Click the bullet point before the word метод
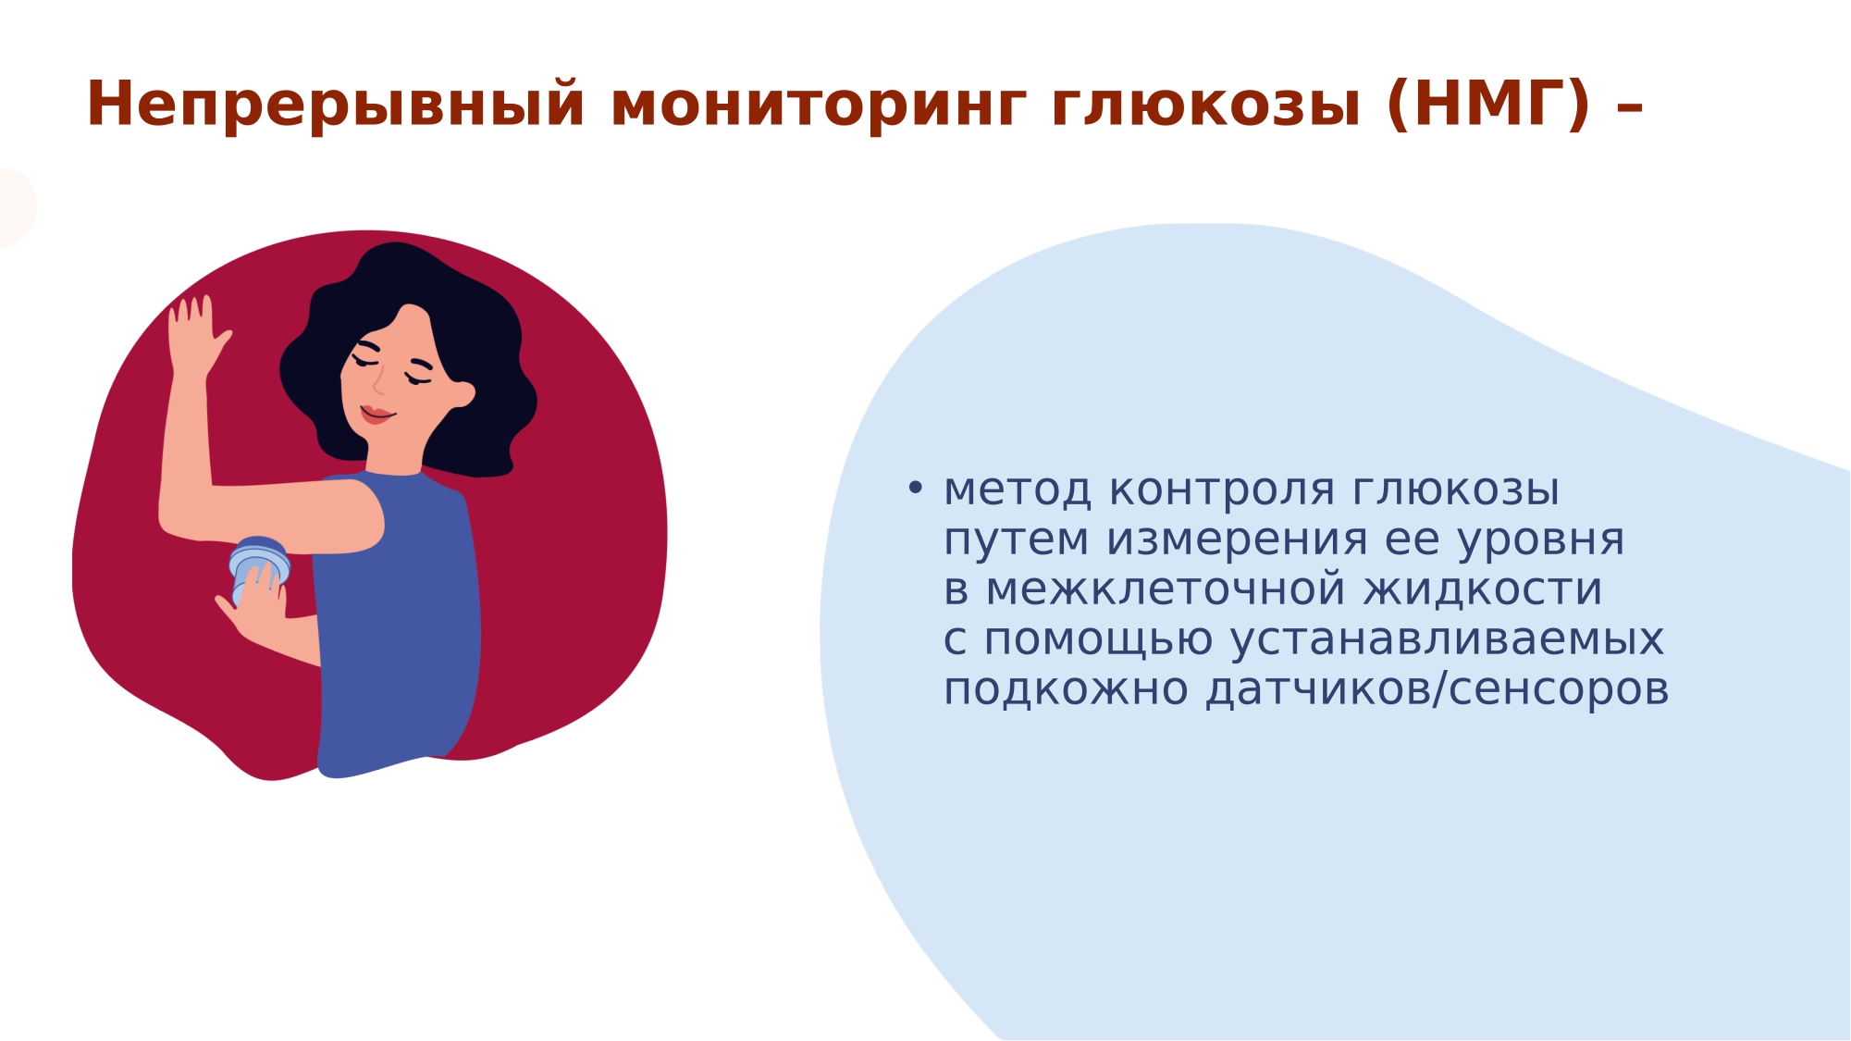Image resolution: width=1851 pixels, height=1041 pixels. (916, 488)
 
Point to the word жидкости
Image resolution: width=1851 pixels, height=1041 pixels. (1483, 590)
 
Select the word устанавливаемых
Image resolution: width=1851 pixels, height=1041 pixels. (1448, 640)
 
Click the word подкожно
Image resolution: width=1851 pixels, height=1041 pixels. (1066, 690)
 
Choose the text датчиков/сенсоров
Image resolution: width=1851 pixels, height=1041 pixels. (1438, 690)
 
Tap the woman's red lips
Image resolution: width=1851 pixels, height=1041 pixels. (376, 414)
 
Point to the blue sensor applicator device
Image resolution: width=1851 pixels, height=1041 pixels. (258, 565)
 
